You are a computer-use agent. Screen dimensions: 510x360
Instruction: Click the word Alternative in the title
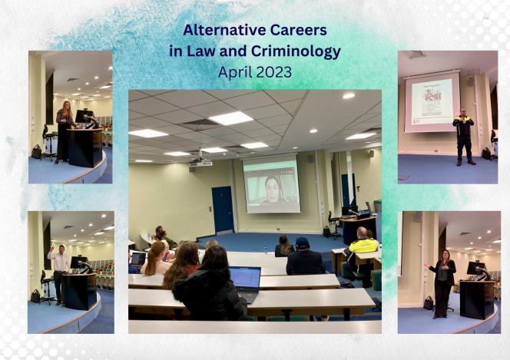click(x=224, y=30)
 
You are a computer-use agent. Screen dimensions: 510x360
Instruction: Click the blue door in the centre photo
click(x=223, y=210)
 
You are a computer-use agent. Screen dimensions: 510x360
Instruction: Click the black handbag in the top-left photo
click(x=36, y=152)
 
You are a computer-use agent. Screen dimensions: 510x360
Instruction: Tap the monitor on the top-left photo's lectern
click(x=84, y=116)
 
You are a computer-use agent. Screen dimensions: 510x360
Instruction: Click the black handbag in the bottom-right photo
click(x=428, y=303)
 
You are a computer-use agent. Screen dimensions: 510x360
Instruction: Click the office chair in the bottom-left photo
click(x=46, y=288)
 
